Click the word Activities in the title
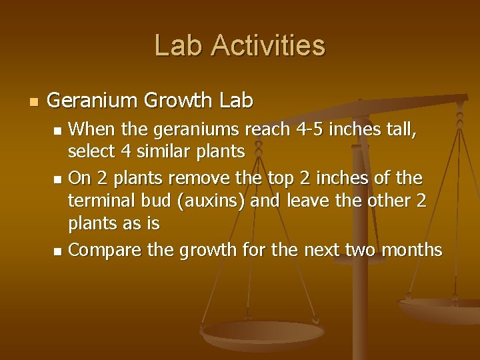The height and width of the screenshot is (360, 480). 269,45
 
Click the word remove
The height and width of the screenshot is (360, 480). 196,178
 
